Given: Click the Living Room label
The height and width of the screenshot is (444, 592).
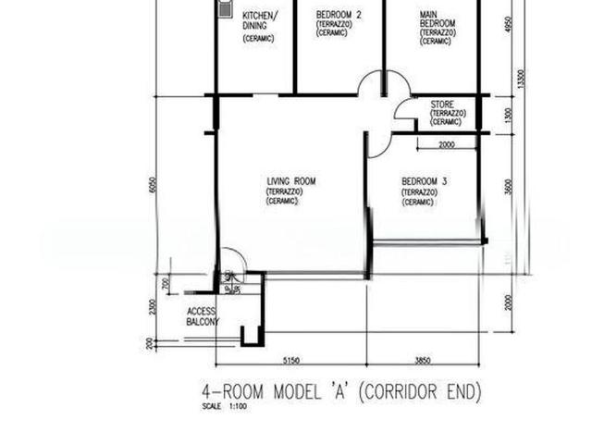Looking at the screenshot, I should pos(290,181).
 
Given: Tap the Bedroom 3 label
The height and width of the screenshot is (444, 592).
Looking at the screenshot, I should pos(424,181).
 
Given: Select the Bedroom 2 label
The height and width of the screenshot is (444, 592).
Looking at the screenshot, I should pos(338,16).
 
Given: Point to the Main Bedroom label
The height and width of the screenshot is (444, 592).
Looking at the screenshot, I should pos(428,19).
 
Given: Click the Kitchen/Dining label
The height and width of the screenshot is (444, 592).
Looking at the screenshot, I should pos(259,21).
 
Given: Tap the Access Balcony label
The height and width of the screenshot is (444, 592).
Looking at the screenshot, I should pos(203,316).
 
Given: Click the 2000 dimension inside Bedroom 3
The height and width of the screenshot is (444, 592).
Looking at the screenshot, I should pos(446,145).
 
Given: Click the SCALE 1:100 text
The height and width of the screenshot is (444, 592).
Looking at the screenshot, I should pos(222,407).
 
